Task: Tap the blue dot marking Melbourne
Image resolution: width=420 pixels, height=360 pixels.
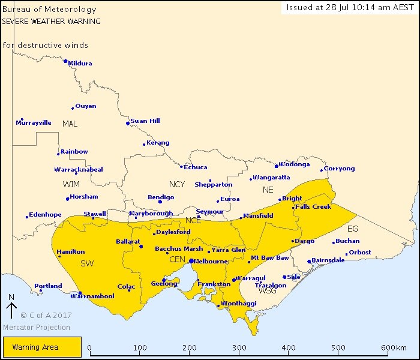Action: tap(191, 261)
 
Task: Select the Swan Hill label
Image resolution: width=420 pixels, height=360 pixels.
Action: tap(146, 121)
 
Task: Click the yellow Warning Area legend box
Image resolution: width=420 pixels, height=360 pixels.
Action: tap(42, 347)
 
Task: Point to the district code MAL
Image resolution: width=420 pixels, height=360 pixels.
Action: tap(70, 124)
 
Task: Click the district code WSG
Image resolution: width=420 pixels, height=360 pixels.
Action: tap(268, 291)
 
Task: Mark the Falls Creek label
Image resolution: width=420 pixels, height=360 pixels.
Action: tap(313, 207)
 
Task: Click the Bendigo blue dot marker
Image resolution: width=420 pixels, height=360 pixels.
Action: tap(160, 202)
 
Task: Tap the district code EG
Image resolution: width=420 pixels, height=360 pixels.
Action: tap(353, 229)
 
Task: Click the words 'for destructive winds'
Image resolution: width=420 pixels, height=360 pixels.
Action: tap(45, 46)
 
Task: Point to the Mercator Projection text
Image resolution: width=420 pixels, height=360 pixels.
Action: tap(37, 328)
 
